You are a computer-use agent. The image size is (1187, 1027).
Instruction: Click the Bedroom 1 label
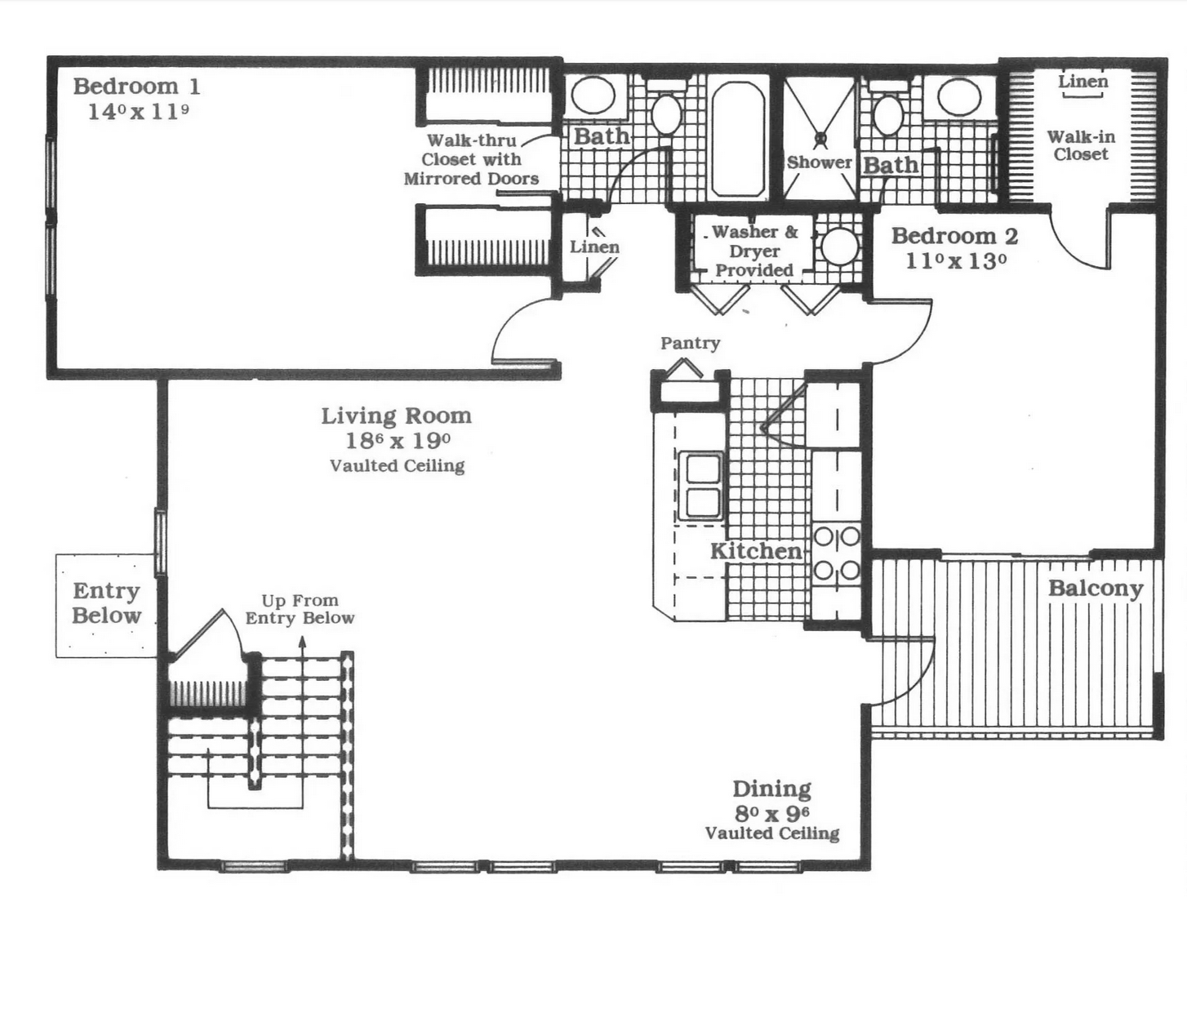(136, 87)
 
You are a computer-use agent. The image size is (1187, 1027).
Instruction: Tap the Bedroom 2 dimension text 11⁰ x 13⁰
(956, 262)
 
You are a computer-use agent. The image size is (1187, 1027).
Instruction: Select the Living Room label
(396, 416)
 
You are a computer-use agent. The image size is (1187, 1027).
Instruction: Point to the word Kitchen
(756, 551)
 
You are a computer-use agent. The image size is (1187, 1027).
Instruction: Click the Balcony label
(1096, 589)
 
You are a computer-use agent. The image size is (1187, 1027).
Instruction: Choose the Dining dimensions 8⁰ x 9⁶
(771, 813)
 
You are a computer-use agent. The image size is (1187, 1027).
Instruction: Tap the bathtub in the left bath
(738, 139)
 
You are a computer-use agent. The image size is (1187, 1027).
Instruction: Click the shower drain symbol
(820, 138)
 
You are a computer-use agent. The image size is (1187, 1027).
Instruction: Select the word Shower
(820, 162)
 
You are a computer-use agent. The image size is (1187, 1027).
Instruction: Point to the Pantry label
(691, 344)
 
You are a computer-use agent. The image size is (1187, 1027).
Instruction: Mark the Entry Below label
(106, 603)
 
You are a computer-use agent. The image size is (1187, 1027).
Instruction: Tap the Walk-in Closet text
(1081, 146)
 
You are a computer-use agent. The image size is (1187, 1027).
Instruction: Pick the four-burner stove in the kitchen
(837, 554)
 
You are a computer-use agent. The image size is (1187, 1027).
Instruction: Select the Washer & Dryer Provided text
(754, 251)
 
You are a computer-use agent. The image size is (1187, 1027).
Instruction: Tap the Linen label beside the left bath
(594, 247)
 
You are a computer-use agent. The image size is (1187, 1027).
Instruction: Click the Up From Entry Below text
(300, 609)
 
